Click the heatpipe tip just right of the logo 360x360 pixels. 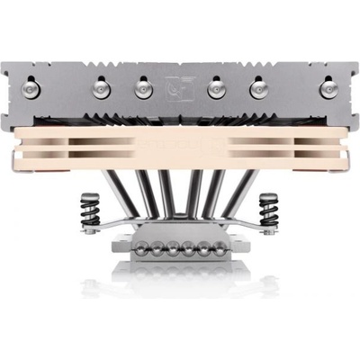coord(216,88)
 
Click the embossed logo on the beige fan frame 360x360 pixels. coord(179,144)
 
